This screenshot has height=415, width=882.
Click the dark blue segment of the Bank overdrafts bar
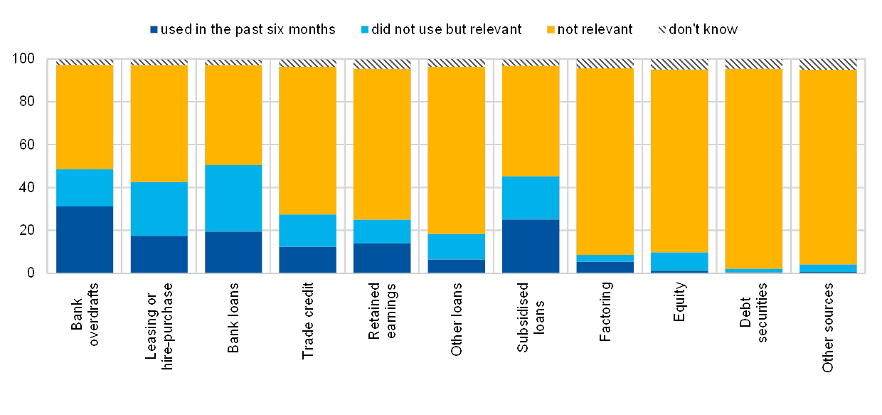tap(85, 239)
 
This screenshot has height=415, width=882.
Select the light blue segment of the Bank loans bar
tap(233, 198)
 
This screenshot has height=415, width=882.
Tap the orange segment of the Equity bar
tap(679, 160)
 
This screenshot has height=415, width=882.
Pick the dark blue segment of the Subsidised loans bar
tap(531, 246)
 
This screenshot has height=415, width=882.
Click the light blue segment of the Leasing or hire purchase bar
tap(159, 209)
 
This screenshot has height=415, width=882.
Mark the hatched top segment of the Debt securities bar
tap(753, 64)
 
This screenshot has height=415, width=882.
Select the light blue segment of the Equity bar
tap(679, 261)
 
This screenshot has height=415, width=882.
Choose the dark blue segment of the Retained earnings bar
tap(382, 258)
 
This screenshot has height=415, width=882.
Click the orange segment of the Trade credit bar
tap(307, 140)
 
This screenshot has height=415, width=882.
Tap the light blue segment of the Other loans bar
tap(456, 246)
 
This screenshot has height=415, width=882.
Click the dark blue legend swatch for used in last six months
tap(154, 30)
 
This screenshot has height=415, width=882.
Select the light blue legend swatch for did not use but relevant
tap(366, 30)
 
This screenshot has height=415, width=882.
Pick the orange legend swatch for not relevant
tap(551, 30)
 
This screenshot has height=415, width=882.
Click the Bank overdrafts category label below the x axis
tap(85, 314)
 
